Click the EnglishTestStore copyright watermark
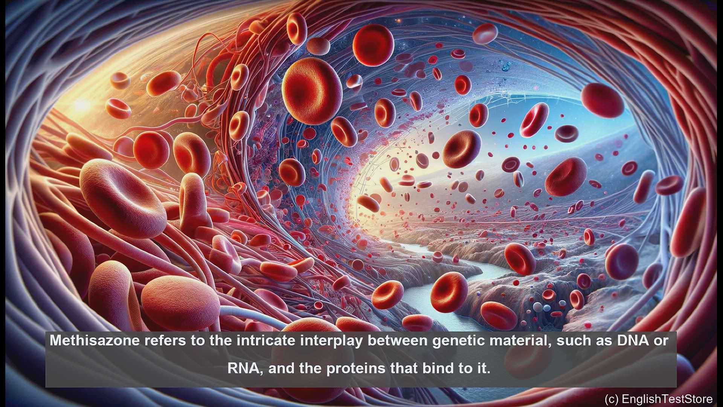[x=659, y=399]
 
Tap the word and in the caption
[x=282, y=368]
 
